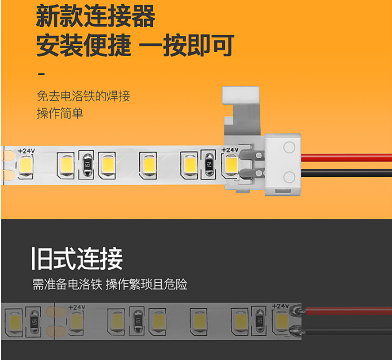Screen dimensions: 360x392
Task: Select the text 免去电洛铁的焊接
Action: coord(83,96)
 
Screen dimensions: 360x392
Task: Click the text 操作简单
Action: coord(60,113)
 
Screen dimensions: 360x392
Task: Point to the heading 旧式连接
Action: coord(77,259)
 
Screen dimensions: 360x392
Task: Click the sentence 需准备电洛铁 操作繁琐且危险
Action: coord(109,284)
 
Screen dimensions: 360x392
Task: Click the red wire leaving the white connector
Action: coord(349,157)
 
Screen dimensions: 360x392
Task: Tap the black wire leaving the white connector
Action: coord(349,173)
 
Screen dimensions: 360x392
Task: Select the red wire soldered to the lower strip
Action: coord(349,311)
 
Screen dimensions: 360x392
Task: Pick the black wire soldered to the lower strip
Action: coord(349,330)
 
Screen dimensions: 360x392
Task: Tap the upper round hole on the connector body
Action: coord(289,147)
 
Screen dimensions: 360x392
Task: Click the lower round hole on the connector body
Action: coord(289,177)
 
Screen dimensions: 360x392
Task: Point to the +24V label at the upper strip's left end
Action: coord(26,151)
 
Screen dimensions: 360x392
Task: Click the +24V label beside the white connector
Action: coord(229,150)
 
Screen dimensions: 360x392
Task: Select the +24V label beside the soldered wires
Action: coord(280,306)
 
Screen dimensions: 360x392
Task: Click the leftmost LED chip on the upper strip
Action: coord(26,165)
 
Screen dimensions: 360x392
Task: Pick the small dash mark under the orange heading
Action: coord(42,73)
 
